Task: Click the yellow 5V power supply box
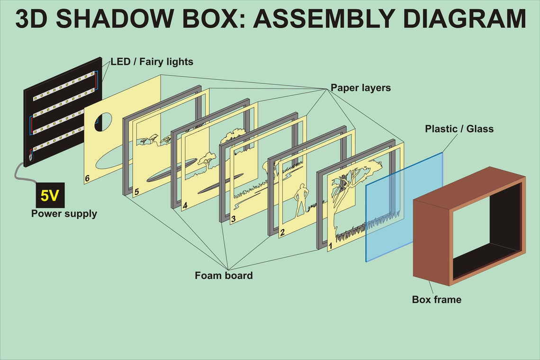click(50, 195)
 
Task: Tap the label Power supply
click(64, 214)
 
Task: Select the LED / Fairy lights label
click(152, 62)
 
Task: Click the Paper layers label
click(360, 88)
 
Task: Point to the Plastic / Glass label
click(459, 128)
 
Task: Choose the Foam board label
click(224, 275)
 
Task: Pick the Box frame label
click(436, 299)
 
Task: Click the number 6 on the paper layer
click(87, 179)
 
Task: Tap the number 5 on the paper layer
click(136, 192)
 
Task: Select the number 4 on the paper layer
click(185, 206)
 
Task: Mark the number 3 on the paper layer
click(233, 219)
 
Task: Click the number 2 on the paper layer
click(282, 233)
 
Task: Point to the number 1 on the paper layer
click(331, 246)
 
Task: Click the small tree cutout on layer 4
click(207, 161)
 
